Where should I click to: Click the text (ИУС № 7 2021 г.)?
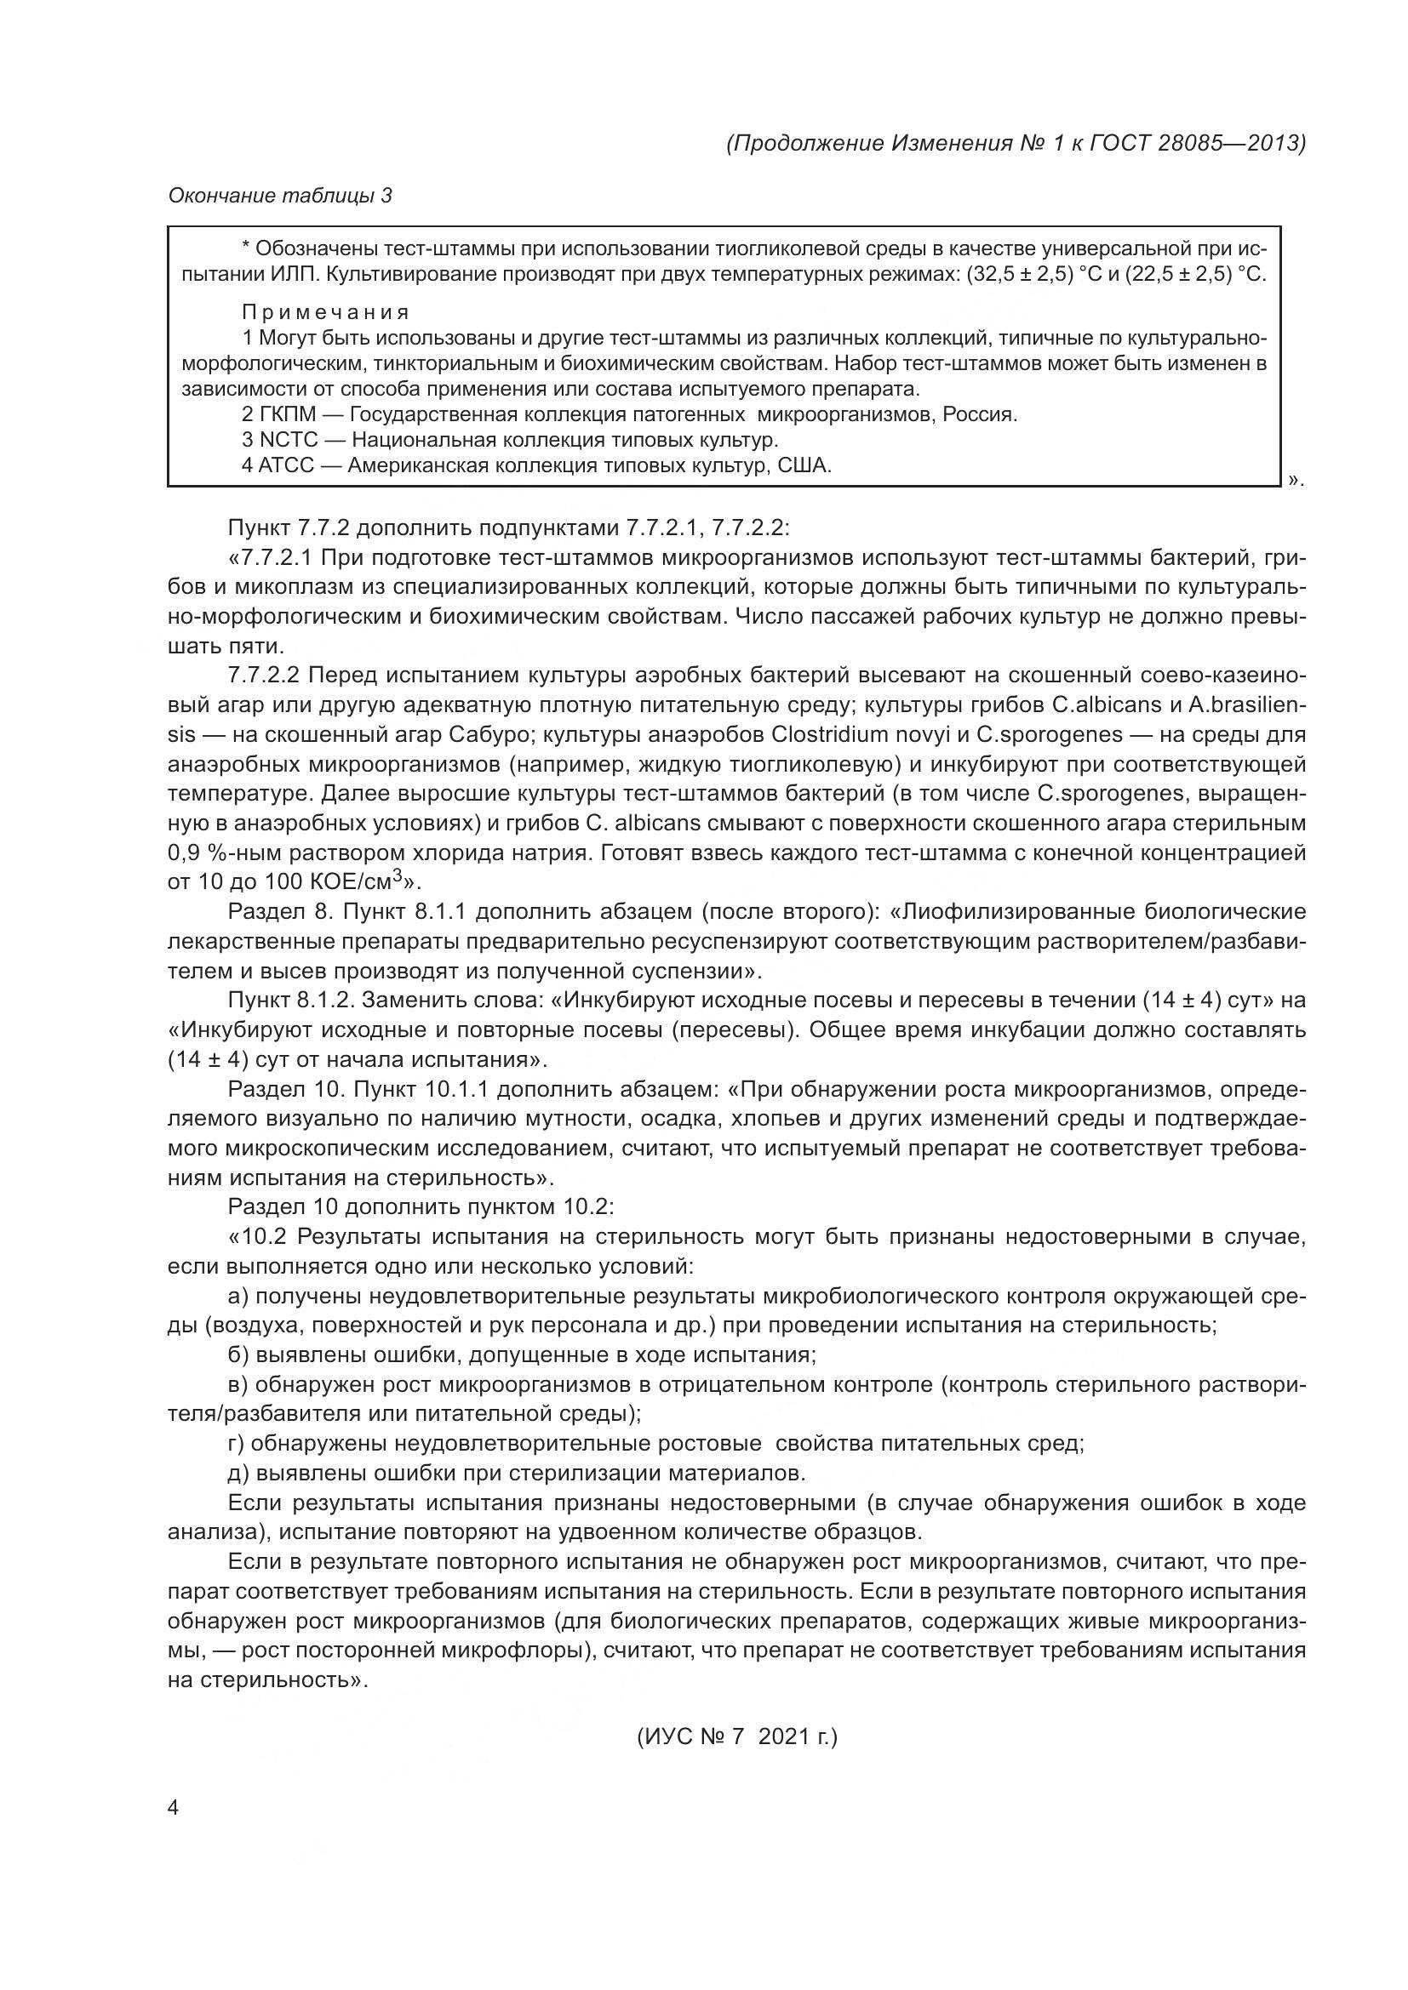[737, 1737]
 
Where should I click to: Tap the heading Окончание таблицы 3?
[280, 196]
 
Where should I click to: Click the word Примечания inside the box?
[325, 312]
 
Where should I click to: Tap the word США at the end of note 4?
[804, 465]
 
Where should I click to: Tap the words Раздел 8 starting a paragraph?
[278, 912]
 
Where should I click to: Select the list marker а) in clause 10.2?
[238, 1296]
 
